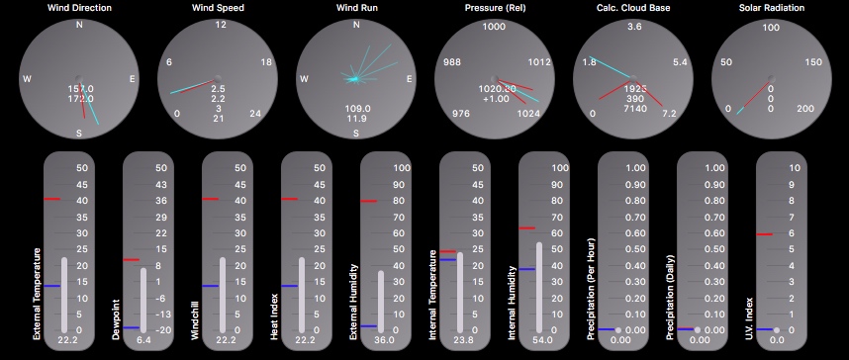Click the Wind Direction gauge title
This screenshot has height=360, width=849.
point(79,8)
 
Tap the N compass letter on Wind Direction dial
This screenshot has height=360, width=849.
point(79,26)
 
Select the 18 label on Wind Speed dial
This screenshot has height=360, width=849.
point(265,62)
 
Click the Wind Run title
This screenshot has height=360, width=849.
point(356,8)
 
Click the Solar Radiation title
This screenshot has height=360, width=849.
point(772,8)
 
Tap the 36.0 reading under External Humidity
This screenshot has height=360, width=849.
point(385,339)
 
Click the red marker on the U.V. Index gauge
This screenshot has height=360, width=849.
point(764,234)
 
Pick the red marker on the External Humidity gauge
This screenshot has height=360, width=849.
point(368,202)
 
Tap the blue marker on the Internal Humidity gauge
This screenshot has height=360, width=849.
point(526,268)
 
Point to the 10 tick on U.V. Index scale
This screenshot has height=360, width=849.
point(793,168)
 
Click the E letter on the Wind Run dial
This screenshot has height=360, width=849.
point(409,79)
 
